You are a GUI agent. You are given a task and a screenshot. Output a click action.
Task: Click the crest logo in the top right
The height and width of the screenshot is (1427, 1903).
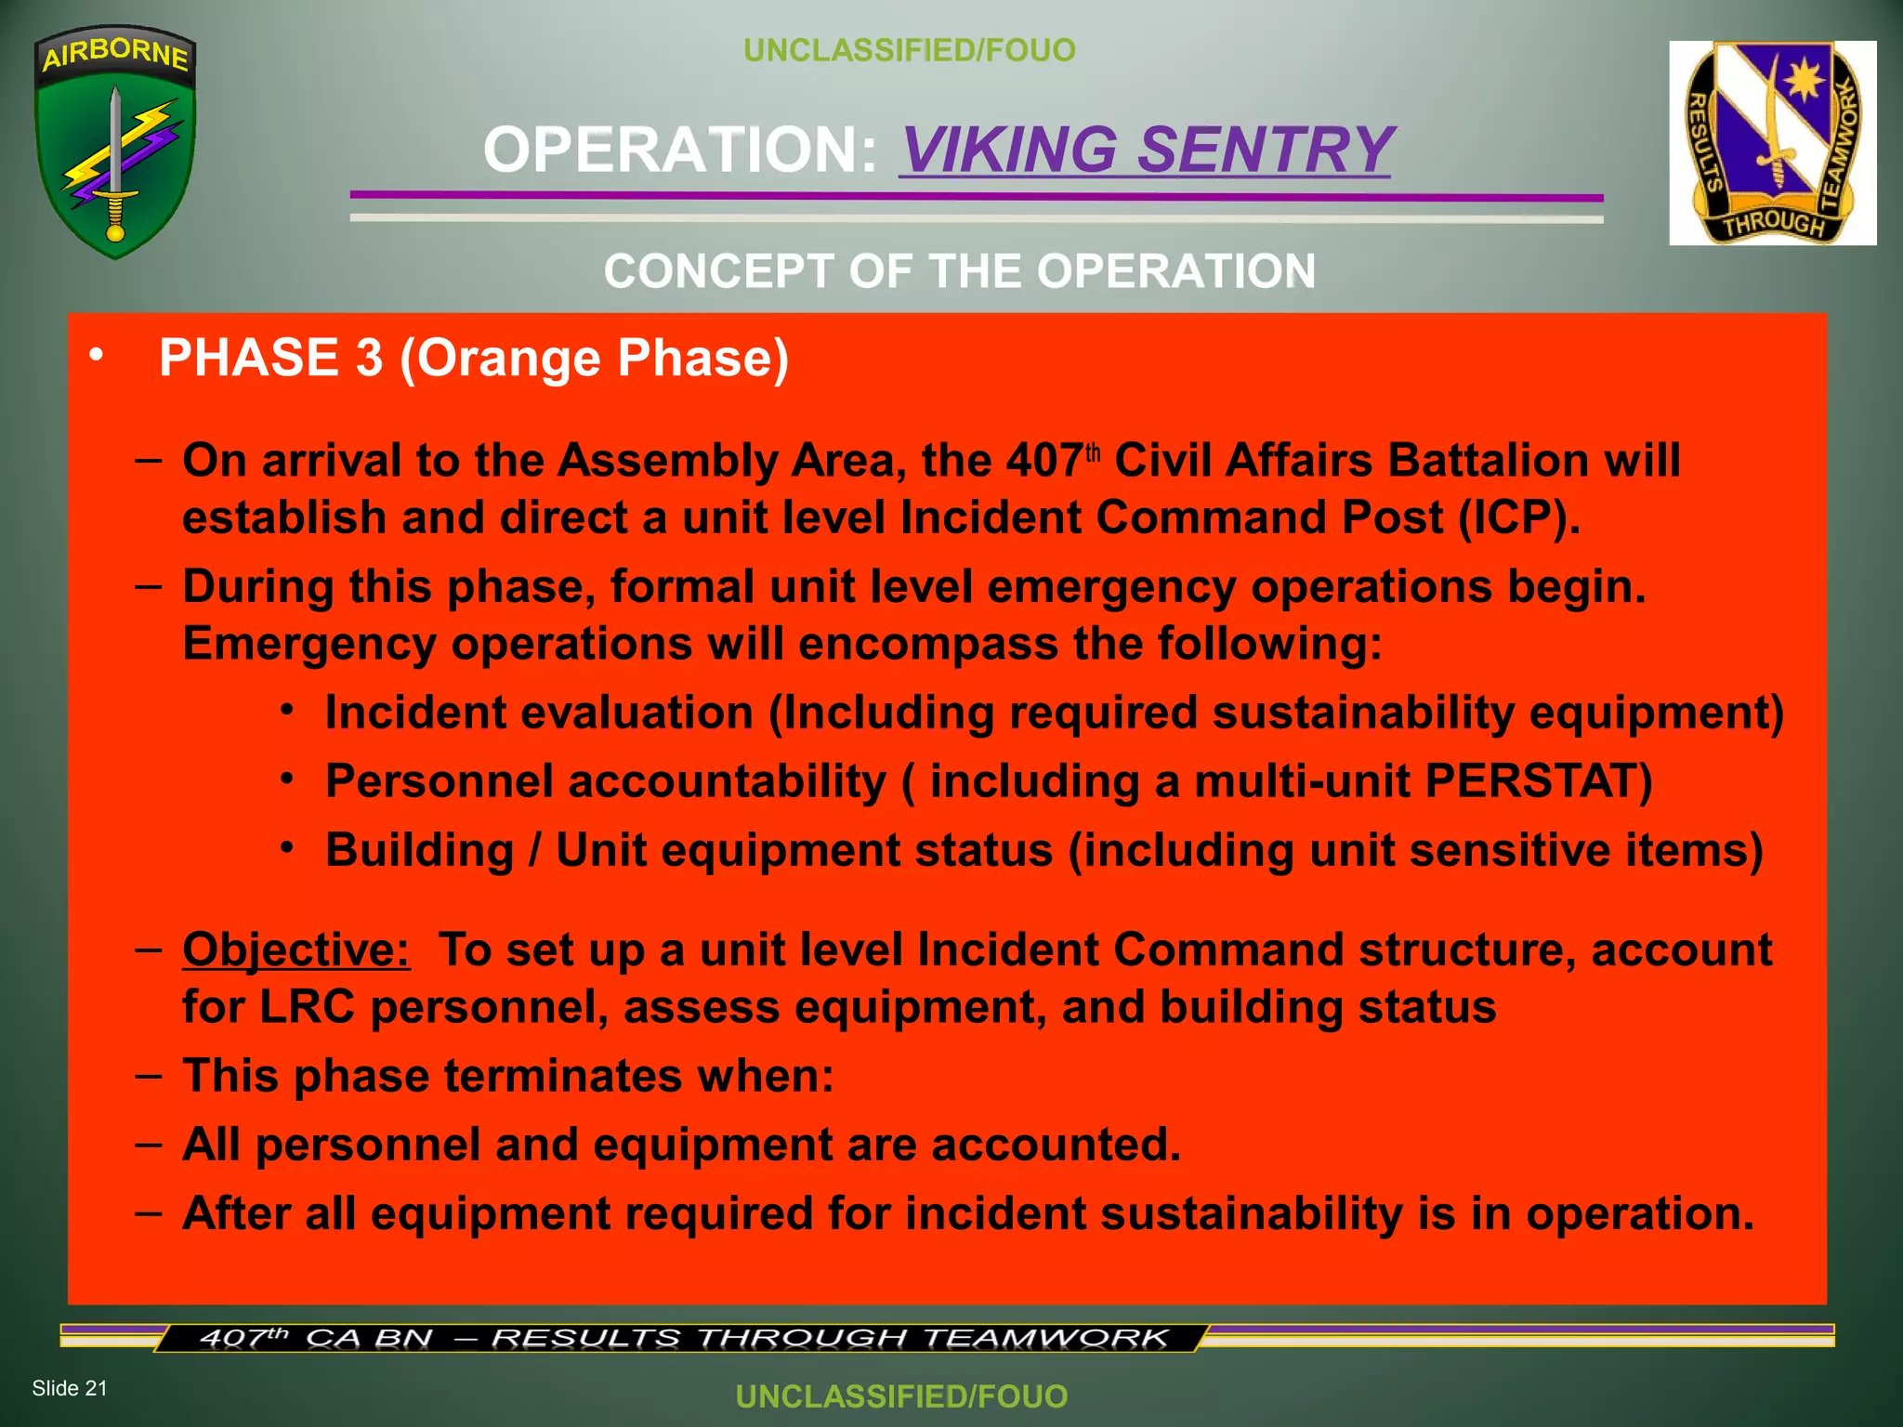(x=1772, y=143)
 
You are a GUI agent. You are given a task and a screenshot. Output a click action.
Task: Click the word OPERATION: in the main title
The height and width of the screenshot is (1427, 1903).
(x=680, y=150)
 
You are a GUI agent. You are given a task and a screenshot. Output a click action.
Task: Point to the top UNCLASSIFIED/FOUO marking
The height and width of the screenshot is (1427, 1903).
(x=909, y=50)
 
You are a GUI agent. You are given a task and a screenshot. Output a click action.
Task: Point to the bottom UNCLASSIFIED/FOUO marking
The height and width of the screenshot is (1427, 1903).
(x=901, y=1395)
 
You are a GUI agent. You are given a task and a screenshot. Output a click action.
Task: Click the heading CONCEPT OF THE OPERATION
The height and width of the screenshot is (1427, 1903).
(x=959, y=271)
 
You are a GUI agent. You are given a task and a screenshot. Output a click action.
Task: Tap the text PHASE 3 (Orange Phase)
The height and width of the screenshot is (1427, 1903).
(x=474, y=358)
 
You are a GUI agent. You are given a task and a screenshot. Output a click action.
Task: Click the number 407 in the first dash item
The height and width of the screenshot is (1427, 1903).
(x=1043, y=461)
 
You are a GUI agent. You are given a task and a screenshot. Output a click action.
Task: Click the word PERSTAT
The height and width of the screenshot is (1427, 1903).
(x=1538, y=780)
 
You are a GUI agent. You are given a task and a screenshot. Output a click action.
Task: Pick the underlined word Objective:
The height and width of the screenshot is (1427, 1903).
(x=295, y=950)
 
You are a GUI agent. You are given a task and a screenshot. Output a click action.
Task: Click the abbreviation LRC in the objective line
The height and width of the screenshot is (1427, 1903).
(x=307, y=1007)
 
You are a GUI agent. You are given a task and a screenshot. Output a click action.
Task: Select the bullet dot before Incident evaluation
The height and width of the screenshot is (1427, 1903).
(x=288, y=711)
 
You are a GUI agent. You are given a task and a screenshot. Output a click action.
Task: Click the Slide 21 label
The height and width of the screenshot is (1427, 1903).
(x=70, y=1388)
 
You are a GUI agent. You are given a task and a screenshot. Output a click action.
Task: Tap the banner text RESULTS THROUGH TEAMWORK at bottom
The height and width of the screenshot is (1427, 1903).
(x=829, y=1339)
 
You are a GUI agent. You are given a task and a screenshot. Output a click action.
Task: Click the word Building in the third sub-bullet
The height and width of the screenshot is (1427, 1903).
(x=419, y=850)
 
